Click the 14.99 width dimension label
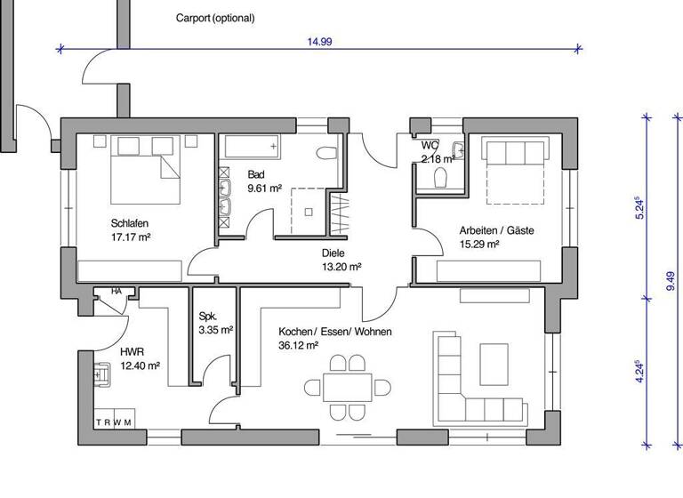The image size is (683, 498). click(320, 41)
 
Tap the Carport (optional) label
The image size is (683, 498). click(214, 18)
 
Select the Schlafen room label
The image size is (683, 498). click(129, 222)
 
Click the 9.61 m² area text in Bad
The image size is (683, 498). click(264, 189)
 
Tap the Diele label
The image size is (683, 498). click(333, 252)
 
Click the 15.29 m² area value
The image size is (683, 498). click(478, 244)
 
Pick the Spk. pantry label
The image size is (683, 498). click(208, 316)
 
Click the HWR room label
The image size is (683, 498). click(131, 351)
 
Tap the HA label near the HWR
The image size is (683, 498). click(116, 291)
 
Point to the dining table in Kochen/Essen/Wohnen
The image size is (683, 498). click(348, 387)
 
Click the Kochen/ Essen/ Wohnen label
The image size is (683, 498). click(334, 332)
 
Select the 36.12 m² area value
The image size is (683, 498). click(299, 345)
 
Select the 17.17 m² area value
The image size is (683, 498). click(130, 237)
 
